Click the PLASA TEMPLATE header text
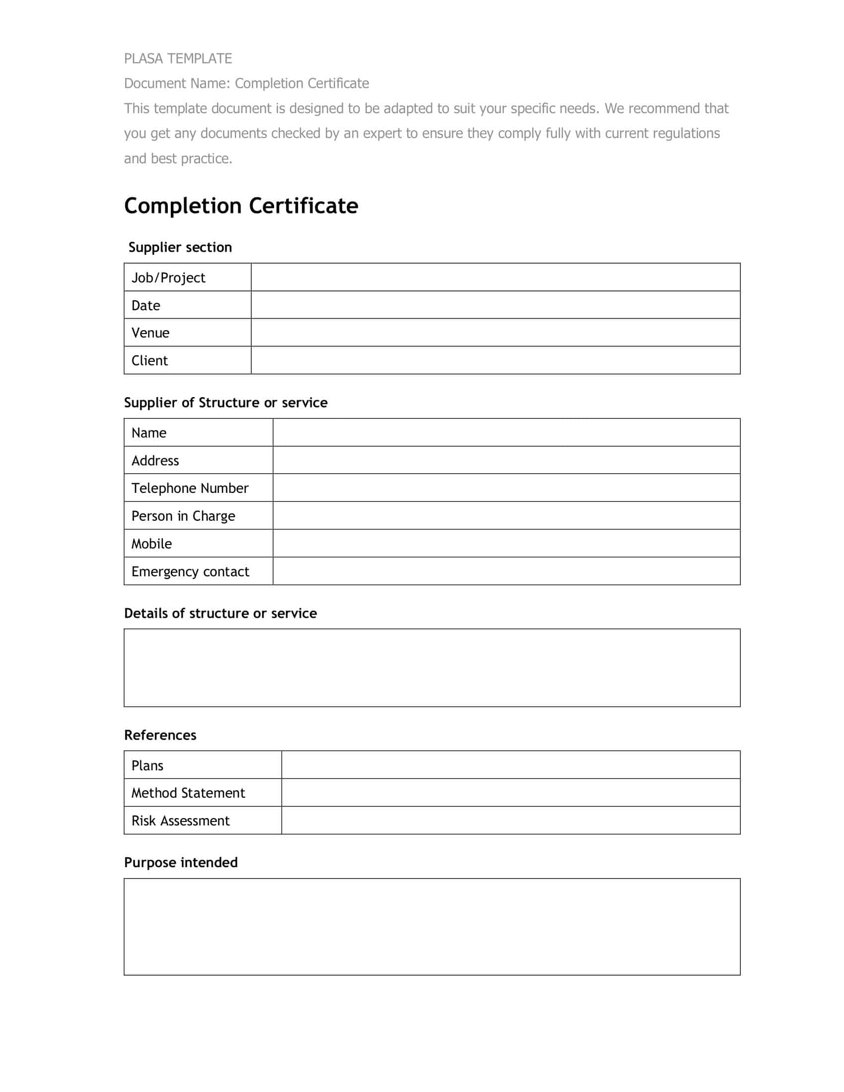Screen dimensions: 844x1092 click(178, 59)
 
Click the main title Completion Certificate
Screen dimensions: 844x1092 click(241, 205)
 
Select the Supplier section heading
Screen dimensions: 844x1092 click(180, 247)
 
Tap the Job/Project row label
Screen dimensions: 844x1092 click(168, 277)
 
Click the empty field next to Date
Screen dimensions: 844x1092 click(495, 305)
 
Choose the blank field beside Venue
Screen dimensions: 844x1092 click(495, 333)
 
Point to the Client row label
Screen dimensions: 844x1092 click(149, 360)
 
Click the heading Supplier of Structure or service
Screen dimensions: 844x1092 click(225, 403)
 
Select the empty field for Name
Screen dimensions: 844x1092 click(506, 432)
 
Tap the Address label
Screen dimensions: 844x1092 click(155, 461)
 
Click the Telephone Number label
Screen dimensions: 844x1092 click(190, 488)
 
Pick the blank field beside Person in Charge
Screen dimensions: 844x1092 click(506, 516)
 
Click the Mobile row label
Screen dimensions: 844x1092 click(151, 544)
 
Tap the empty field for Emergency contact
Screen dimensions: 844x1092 click(506, 571)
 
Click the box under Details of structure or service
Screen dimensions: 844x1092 click(432, 668)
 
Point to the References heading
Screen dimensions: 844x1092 click(160, 735)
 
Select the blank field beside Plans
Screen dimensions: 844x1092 click(510, 765)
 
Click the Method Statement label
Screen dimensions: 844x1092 click(188, 793)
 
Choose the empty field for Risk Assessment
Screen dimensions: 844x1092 click(510, 820)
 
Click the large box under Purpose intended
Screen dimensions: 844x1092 click(432, 927)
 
